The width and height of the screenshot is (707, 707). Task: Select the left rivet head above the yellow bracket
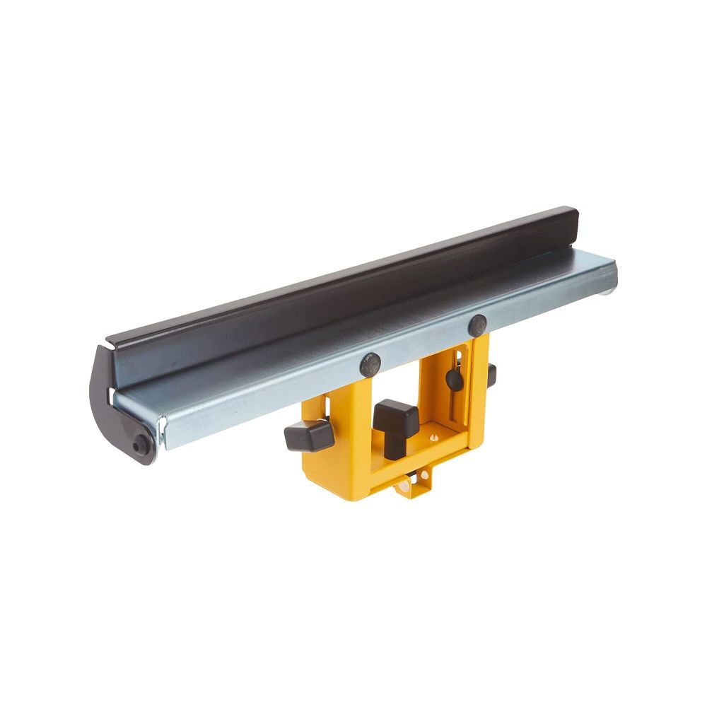pos(370,364)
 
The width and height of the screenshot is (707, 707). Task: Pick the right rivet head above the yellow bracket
pos(477,325)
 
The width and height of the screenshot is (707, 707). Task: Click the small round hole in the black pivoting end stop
pos(140,445)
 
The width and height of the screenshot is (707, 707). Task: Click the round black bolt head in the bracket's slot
pos(454,380)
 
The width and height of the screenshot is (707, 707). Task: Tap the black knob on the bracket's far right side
pos(491,375)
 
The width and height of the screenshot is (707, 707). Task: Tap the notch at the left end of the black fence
pos(110,347)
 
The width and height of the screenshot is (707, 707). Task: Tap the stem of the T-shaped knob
pos(391,442)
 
